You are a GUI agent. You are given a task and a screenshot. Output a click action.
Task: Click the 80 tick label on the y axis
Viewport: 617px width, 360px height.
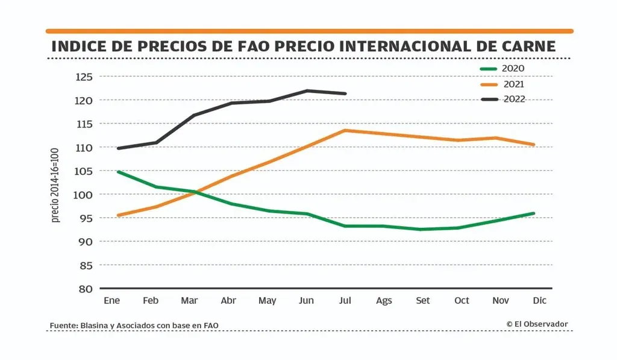tap(86, 289)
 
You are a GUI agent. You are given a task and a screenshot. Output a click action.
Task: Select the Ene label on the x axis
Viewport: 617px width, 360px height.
tap(111, 301)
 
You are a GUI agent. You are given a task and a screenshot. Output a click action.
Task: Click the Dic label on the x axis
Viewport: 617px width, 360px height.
tap(540, 301)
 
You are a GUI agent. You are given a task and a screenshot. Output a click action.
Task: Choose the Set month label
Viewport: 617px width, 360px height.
tap(423, 301)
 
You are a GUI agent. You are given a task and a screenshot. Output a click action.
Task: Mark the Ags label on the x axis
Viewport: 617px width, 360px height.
tap(384, 301)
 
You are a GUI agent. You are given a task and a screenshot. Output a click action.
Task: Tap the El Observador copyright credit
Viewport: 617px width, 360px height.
tap(537, 324)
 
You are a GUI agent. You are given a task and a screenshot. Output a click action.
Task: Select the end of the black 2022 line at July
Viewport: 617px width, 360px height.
tap(345, 93)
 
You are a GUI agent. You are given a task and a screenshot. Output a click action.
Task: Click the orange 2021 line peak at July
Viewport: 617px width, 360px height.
tap(344, 130)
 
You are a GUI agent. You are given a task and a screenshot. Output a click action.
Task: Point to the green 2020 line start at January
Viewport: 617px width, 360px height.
tap(118, 172)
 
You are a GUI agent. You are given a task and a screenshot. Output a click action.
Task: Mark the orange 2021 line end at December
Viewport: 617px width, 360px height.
tap(534, 145)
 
